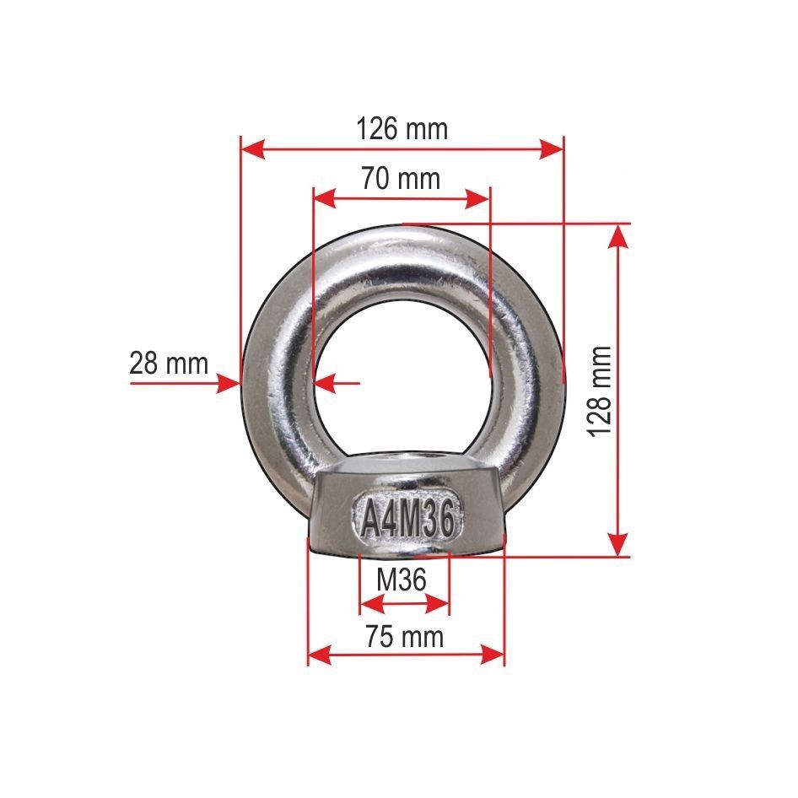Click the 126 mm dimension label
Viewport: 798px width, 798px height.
402,129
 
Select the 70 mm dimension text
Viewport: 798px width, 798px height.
401,179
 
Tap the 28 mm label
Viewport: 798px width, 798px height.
169,364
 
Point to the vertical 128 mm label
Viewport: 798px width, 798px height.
599,391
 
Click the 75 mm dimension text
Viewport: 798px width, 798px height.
405,637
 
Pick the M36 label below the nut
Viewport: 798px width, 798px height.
401,580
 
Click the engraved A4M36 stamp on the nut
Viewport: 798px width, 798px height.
407,520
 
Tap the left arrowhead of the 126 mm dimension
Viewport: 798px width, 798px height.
253,149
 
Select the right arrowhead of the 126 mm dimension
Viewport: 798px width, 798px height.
552,149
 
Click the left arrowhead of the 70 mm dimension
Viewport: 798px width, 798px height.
326,199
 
